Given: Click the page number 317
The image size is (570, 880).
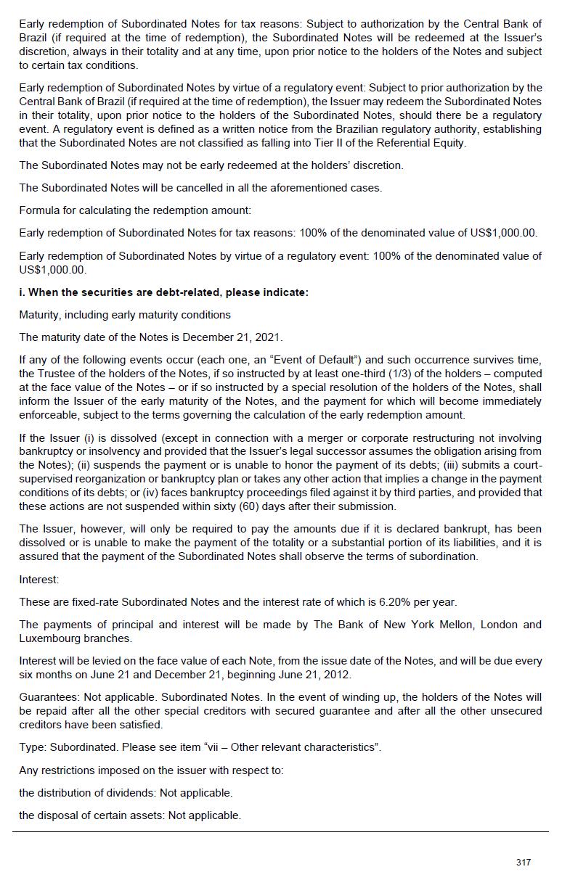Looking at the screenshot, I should pyautogui.click(x=523, y=862).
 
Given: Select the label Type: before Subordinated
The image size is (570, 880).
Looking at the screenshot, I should pyautogui.click(x=32, y=747).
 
